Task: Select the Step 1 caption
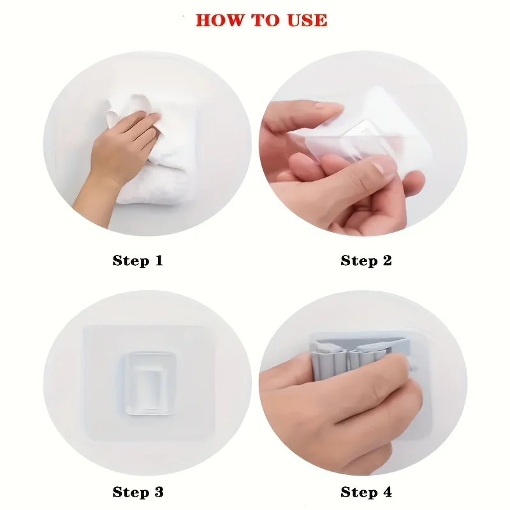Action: (x=138, y=261)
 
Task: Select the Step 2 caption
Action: (x=366, y=261)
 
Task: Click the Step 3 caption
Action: (x=138, y=492)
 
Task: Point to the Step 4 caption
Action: (x=366, y=492)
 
